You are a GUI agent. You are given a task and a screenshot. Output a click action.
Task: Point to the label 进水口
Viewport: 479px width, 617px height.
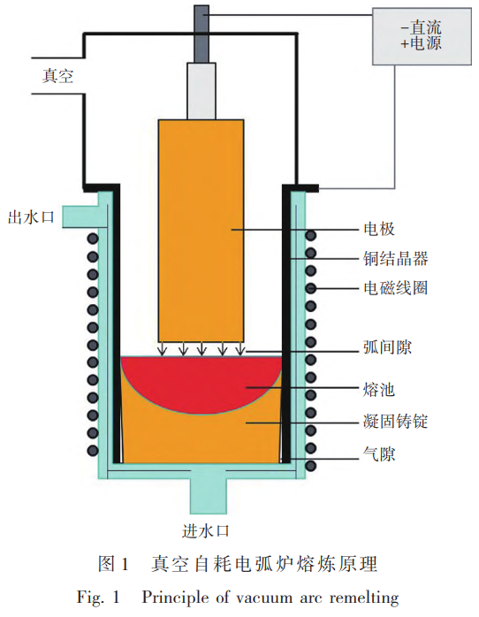206,530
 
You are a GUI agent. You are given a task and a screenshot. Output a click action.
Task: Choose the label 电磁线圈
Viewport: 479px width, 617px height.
395,288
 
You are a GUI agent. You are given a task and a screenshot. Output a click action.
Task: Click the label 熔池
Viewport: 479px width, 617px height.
378,388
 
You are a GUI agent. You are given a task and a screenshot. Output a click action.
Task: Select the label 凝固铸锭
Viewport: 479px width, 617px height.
395,422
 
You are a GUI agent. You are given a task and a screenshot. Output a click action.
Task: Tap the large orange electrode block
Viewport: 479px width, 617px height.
201,230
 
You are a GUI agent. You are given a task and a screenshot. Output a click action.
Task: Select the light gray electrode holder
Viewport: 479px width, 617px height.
201,90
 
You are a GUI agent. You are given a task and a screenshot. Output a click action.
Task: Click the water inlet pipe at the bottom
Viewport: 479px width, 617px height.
205,495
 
